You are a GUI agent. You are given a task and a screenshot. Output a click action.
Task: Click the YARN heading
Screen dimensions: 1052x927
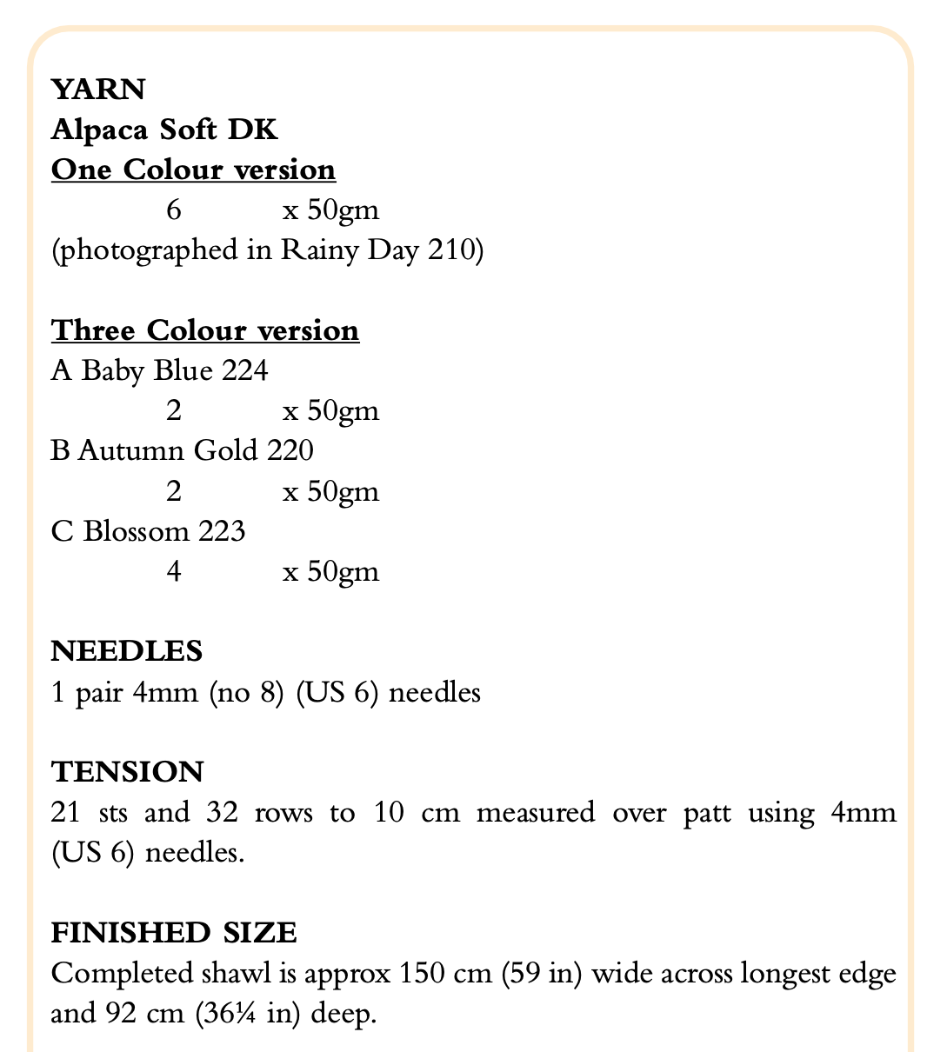[x=98, y=90]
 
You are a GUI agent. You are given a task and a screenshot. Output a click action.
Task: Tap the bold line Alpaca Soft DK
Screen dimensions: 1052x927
[x=164, y=130]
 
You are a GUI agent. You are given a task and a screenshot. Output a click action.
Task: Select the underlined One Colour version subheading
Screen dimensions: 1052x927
[x=193, y=170]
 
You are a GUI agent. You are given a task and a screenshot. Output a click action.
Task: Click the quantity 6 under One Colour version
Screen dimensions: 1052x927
[x=173, y=210]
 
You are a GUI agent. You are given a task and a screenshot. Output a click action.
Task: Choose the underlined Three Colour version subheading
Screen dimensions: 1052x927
[x=205, y=331]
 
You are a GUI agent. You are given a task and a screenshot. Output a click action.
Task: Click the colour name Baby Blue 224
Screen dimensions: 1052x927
[x=175, y=371]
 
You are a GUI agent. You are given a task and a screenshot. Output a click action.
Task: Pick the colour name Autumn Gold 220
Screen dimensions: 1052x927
[x=196, y=451]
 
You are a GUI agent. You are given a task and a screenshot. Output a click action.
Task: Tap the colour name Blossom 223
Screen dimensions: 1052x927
[x=164, y=531]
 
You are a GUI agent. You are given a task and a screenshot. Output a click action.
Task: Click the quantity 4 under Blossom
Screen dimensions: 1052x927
[x=174, y=572]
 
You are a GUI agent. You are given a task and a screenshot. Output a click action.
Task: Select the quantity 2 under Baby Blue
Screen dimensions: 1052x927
[x=174, y=411]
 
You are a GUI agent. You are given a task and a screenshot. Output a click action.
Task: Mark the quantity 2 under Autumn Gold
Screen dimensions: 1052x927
[x=174, y=492]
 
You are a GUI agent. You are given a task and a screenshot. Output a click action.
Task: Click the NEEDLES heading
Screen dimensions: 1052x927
[x=127, y=651]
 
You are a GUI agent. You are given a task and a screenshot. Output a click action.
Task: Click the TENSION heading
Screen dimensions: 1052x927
[x=127, y=772]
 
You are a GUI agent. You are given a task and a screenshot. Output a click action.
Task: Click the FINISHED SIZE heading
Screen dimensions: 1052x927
[x=174, y=933]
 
